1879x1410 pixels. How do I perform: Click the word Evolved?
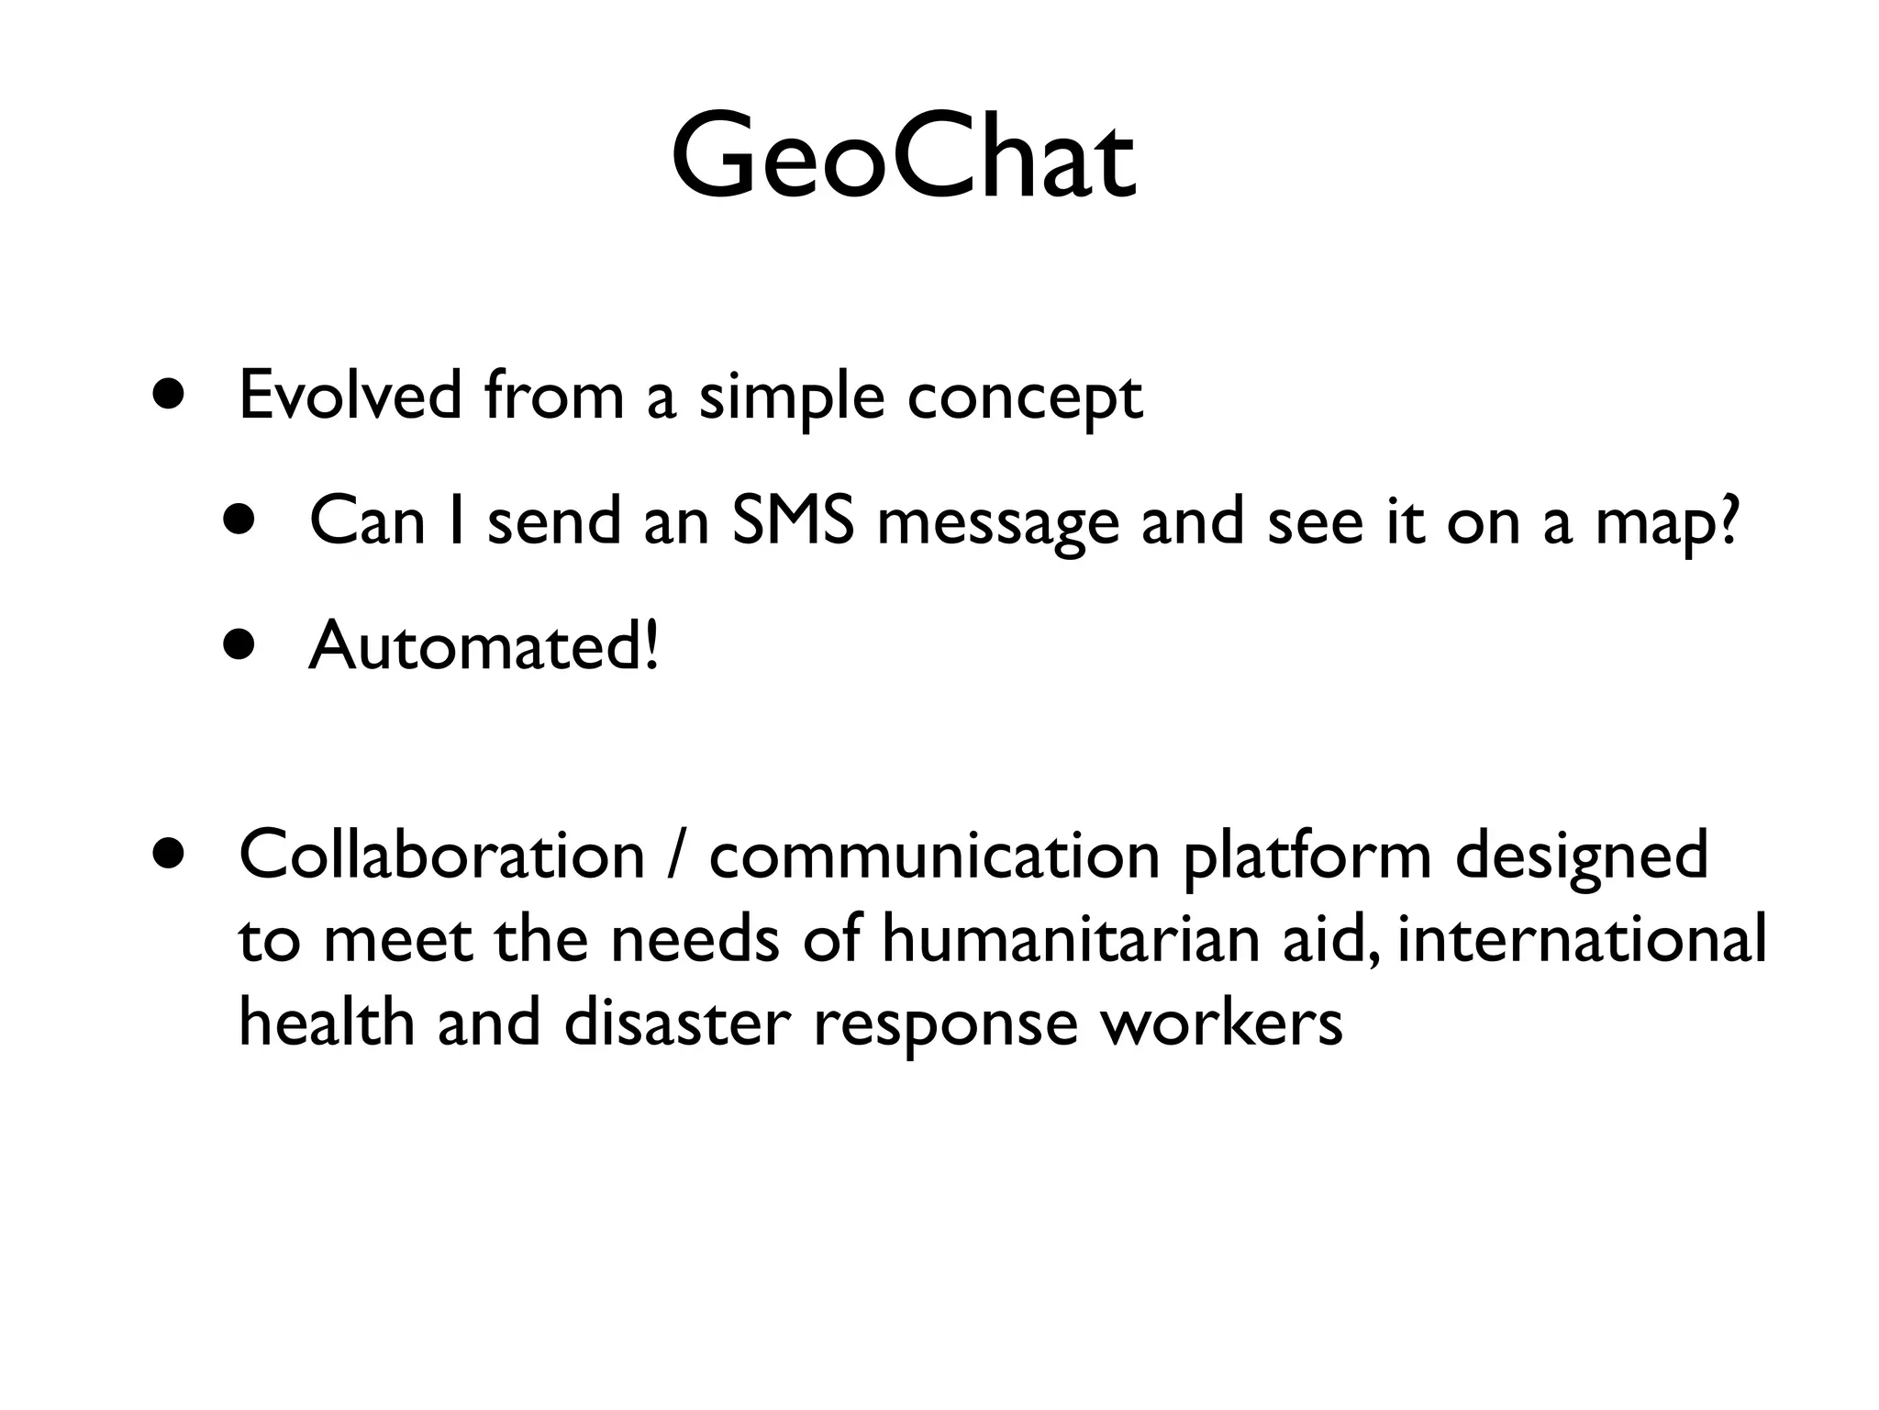click(x=350, y=396)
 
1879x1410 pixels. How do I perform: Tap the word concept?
click(x=1025, y=399)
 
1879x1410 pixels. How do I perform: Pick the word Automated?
click(x=484, y=645)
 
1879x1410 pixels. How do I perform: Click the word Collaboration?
click(x=442, y=855)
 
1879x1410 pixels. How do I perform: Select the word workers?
click(x=1221, y=1023)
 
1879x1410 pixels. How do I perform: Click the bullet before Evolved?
click(x=171, y=396)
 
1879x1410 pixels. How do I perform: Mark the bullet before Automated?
click(x=240, y=645)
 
